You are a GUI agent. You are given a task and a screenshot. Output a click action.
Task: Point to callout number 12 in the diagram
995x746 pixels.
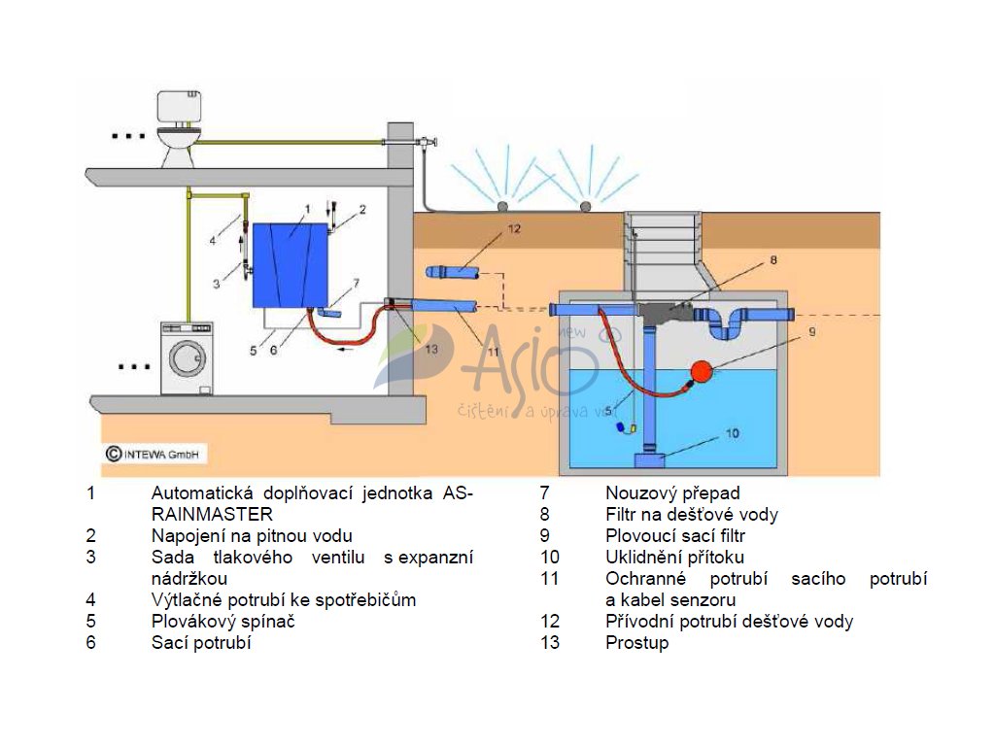point(514,230)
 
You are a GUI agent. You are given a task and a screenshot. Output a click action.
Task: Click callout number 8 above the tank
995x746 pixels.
point(774,259)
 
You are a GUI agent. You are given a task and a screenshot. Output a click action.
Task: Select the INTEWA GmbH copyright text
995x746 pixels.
point(155,454)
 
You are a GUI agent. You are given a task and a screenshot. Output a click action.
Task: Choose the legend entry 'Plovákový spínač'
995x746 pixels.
point(223,621)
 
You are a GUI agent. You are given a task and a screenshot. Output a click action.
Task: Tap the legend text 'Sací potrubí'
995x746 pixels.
point(201,642)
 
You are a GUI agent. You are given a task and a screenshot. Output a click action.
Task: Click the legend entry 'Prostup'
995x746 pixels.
point(636,642)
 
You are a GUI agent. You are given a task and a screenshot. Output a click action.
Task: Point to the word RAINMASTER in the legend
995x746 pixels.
point(212,514)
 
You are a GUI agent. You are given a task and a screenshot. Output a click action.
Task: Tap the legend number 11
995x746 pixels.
point(550,579)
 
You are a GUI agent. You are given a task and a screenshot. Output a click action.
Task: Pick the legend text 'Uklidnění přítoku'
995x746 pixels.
point(674,557)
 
